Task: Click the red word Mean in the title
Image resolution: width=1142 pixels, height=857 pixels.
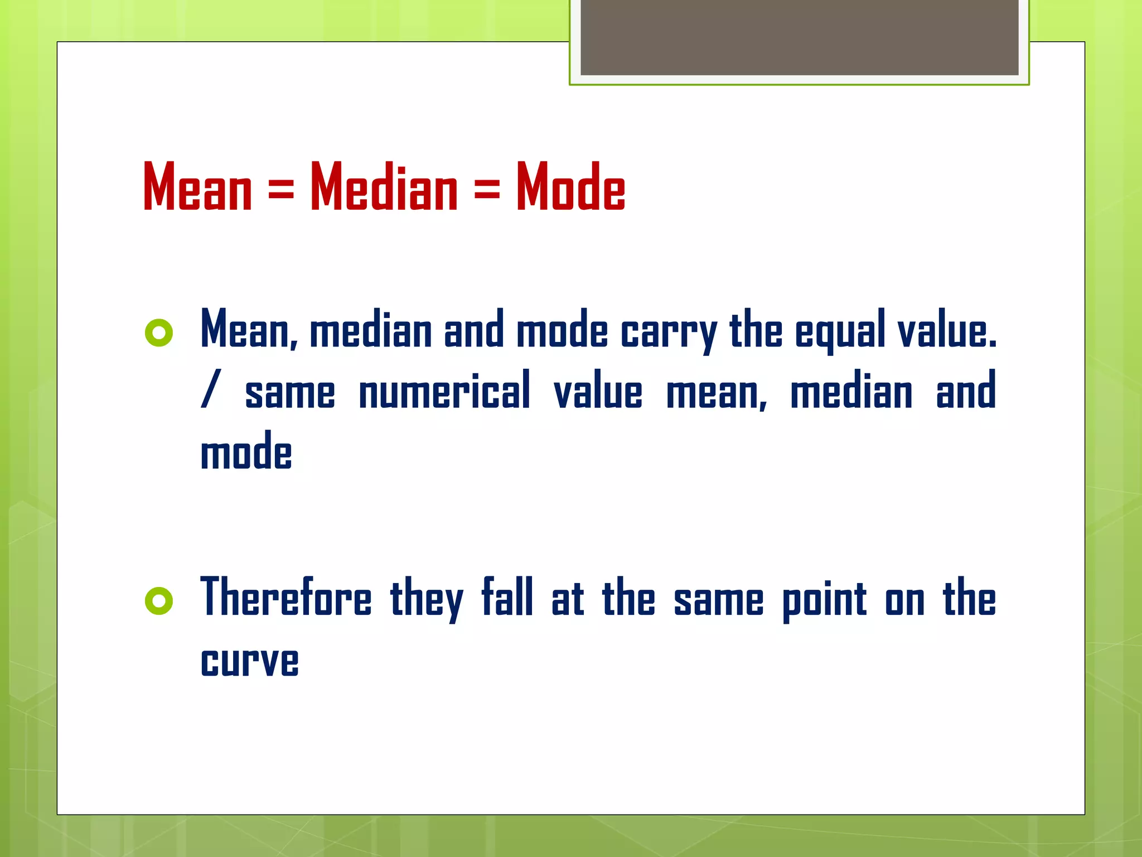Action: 197,187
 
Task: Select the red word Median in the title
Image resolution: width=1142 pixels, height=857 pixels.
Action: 384,187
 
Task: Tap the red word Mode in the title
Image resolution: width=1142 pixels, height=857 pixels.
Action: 570,187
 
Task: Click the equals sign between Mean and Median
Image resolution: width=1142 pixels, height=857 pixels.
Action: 281,189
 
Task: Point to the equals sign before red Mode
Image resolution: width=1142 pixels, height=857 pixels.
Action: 487,189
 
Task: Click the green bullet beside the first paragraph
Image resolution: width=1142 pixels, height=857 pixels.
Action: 159,333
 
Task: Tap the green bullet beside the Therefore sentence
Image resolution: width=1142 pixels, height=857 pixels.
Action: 159,601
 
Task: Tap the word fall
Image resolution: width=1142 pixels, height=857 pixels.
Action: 507,597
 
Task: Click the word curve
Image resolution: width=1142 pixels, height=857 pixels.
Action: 249,662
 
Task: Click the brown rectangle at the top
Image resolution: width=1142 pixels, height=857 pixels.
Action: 799,37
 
